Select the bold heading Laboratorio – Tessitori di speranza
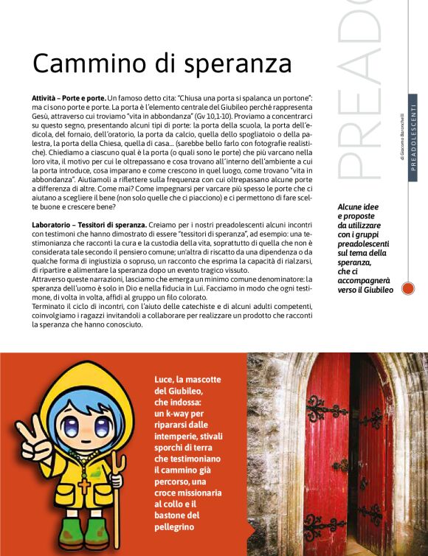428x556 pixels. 89,224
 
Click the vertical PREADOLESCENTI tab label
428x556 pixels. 413,133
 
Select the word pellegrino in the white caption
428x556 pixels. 175,527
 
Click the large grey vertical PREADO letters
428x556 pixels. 362,96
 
